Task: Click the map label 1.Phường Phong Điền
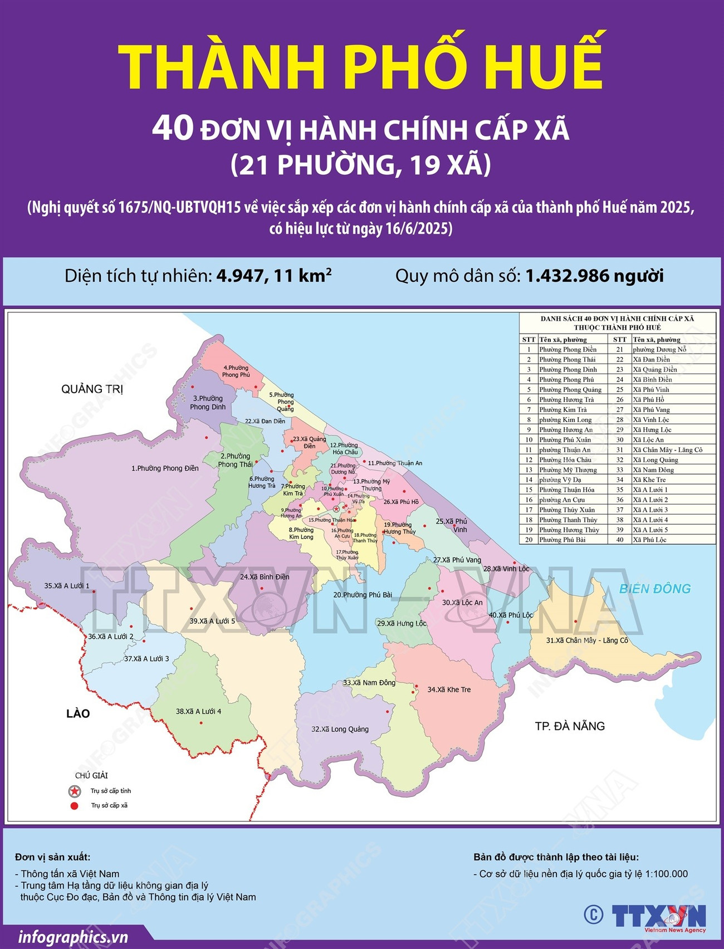click(x=165, y=468)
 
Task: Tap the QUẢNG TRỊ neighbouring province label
click(x=92, y=389)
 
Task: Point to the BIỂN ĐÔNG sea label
click(x=655, y=589)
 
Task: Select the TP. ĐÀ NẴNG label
click(x=570, y=726)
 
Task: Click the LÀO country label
click(x=78, y=714)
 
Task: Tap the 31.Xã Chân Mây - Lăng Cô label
click(x=587, y=640)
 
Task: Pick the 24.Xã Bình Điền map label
click(x=265, y=577)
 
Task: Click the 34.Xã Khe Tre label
click(x=449, y=689)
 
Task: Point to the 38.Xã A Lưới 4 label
click(x=198, y=711)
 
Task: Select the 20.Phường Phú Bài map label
click(x=363, y=595)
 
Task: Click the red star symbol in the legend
click(x=74, y=791)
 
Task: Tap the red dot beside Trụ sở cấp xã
click(x=74, y=805)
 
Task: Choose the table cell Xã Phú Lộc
click(x=649, y=540)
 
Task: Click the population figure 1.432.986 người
click(x=594, y=276)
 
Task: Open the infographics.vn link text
click(x=73, y=937)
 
